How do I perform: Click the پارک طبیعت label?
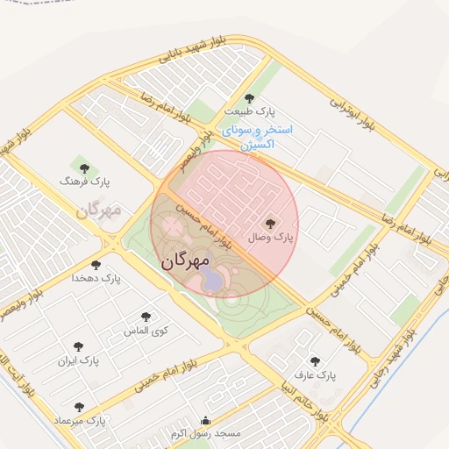[x=248, y=112]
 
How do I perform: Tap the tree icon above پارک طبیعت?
[x=249, y=98]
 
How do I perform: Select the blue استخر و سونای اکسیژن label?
[x=256, y=137]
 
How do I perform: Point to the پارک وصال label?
[x=271, y=237]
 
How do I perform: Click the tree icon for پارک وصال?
[x=269, y=224]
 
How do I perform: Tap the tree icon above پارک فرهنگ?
[x=84, y=167]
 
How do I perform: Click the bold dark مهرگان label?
[x=186, y=260]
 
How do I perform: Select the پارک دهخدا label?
[x=97, y=278]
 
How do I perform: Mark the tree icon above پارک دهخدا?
[x=96, y=265]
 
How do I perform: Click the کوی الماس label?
[x=147, y=331]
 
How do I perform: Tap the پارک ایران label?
[x=79, y=360]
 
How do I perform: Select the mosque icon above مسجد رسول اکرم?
[x=205, y=420]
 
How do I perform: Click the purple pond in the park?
[x=213, y=280]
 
